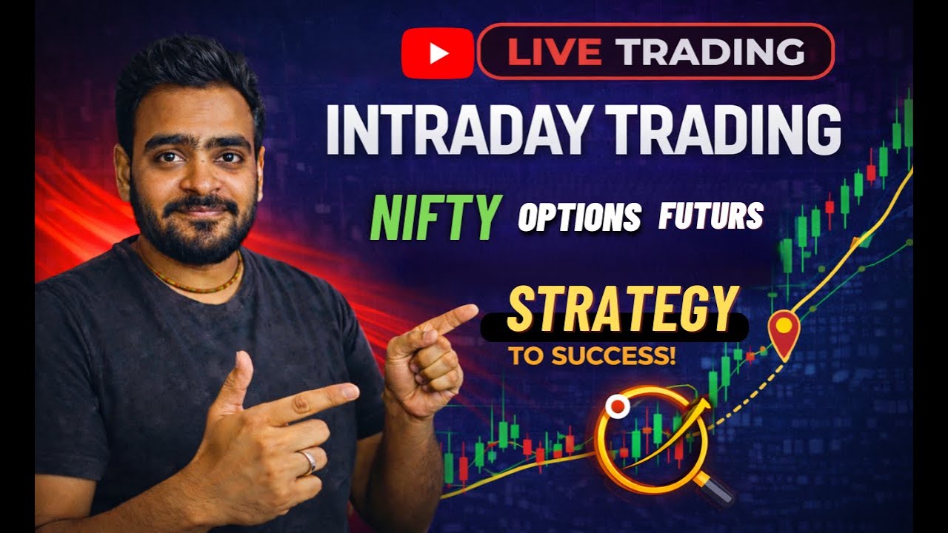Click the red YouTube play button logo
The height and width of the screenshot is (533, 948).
[437, 53]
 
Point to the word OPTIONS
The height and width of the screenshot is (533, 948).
[579, 217]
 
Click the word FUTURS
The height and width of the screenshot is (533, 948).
[710, 215]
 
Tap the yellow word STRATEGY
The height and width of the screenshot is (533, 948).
[622, 309]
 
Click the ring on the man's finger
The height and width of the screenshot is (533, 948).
[307, 461]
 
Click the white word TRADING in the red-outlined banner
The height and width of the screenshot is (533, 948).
[711, 51]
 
